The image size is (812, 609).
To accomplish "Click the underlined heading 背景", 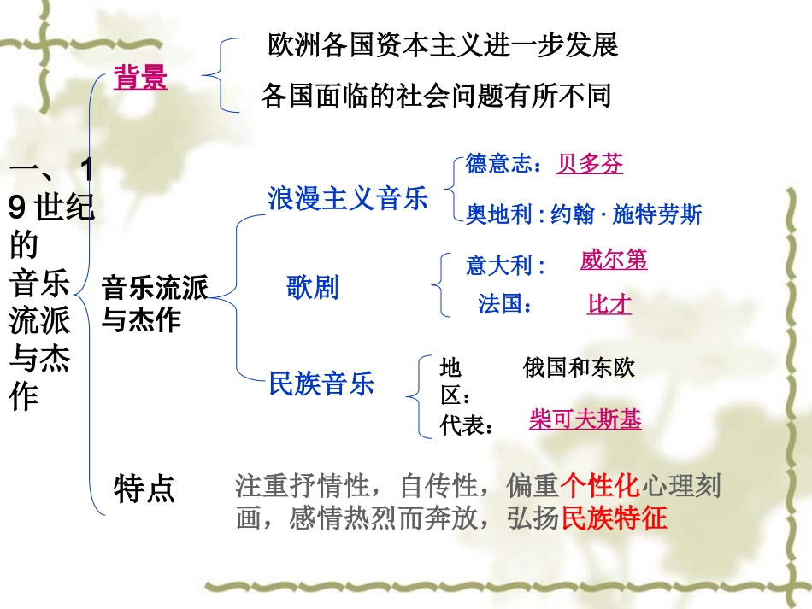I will point(140,79).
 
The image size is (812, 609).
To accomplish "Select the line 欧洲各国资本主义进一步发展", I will point(443,44).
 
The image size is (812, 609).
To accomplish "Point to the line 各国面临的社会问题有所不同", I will point(436,96).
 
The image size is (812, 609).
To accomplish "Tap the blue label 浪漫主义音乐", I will point(347,199).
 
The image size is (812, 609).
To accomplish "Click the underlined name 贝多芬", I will point(590,163).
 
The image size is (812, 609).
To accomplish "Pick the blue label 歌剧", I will point(312,288).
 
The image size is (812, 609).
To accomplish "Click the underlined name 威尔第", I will point(614,260).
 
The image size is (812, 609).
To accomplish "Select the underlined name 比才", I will point(609,304).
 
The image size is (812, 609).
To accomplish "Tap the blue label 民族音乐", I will point(321,384).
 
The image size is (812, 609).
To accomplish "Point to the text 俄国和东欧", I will point(580,368).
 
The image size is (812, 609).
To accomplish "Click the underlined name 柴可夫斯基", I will point(585,419).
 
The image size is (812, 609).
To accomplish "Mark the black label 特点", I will point(144,489).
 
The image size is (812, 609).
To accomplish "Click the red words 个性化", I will point(600,487).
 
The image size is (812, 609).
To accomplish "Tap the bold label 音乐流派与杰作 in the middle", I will point(154,303).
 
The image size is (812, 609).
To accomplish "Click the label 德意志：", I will point(504,164).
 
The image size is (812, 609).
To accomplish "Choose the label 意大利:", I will point(506,266).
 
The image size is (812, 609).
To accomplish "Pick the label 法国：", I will point(505,304).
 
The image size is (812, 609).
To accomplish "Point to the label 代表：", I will point(468,425).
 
